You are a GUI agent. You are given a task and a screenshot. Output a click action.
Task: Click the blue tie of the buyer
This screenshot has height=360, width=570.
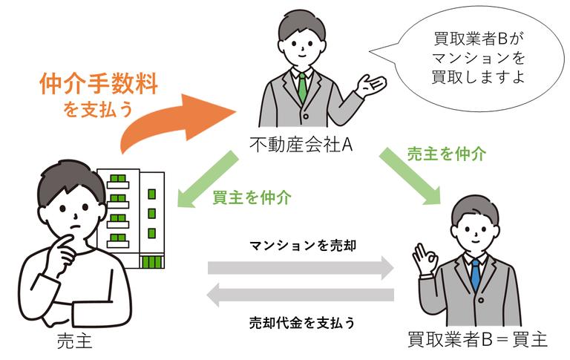click(x=475, y=274)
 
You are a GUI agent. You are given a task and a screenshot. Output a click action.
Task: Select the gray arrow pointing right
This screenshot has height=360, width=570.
click(x=301, y=268)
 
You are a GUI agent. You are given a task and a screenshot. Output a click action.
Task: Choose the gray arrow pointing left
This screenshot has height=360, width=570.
click(x=301, y=296)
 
